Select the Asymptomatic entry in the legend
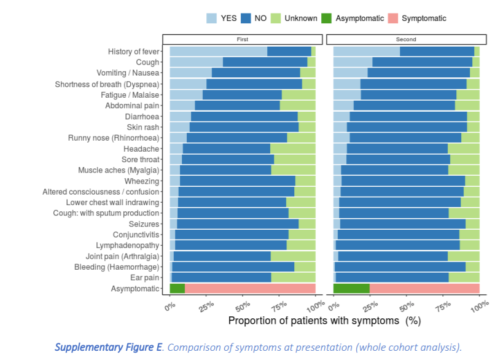point(359,18)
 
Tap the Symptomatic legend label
point(424,18)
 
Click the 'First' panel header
point(243,39)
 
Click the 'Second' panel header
point(406,39)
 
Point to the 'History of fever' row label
point(133,52)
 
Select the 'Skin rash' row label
point(143,127)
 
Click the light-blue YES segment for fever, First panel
point(218,51)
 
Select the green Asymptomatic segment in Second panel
point(351,288)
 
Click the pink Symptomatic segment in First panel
point(250,288)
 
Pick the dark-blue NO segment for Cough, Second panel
point(422,62)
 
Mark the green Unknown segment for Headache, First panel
point(292,149)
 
